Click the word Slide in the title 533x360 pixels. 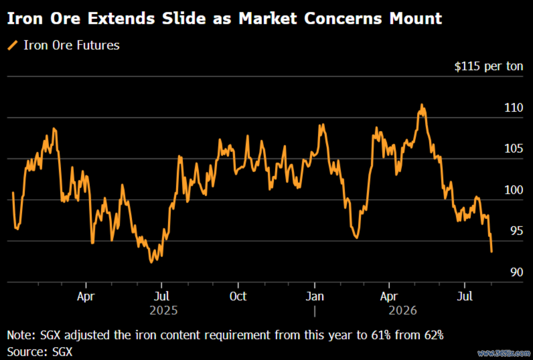(x=184, y=18)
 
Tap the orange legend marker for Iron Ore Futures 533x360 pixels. (x=12, y=45)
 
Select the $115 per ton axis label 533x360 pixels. (x=488, y=66)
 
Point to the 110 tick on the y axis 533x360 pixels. (x=514, y=108)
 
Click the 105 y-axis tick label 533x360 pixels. (x=514, y=149)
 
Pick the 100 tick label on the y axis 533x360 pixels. (x=514, y=190)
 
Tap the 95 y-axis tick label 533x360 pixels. (x=516, y=231)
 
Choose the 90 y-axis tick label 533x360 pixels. (x=516, y=272)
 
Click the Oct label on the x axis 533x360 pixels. (x=238, y=297)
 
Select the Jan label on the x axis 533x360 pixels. (x=315, y=297)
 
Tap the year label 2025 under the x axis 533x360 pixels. (x=164, y=310)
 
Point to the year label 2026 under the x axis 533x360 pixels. (x=403, y=310)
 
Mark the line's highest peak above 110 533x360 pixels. (x=422, y=105)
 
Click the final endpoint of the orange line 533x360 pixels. (x=491, y=252)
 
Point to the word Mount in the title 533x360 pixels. (x=416, y=18)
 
